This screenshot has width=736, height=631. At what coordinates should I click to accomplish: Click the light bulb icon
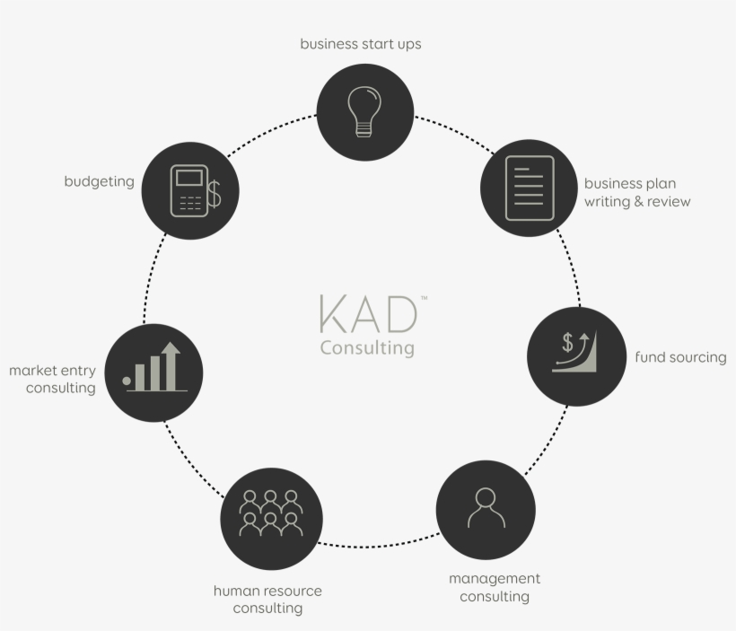pos(364,111)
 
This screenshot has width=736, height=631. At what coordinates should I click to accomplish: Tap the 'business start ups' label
pos(361,44)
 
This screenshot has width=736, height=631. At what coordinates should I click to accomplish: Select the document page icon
pos(530,188)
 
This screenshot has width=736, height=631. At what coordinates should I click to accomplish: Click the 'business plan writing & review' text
pos(637,192)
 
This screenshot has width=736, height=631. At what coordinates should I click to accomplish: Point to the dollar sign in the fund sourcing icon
pos(567,342)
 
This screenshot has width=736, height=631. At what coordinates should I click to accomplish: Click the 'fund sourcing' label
pos(680,357)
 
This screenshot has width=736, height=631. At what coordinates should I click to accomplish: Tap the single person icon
pos(486,507)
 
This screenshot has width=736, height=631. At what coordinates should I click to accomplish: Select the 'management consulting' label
pos(495,587)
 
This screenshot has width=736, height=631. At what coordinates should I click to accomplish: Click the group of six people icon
pos(271,513)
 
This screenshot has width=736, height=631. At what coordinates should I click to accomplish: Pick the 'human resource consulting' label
pos(267,599)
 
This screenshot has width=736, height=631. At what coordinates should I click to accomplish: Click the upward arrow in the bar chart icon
pos(171,365)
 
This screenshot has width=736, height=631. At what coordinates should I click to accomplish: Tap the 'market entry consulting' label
pos(53,380)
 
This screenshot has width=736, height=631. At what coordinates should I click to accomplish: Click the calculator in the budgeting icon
pos(189,190)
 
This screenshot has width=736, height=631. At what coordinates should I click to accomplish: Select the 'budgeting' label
pos(99,181)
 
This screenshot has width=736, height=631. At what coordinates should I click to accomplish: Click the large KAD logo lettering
pos(368,313)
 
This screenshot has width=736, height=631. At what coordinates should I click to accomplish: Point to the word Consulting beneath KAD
pos(367,348)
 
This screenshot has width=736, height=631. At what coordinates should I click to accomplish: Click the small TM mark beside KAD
pos(425,298)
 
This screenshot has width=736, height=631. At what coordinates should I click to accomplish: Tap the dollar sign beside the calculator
pos(214,194)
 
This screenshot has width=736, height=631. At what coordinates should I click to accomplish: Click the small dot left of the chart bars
pos(127,381)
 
